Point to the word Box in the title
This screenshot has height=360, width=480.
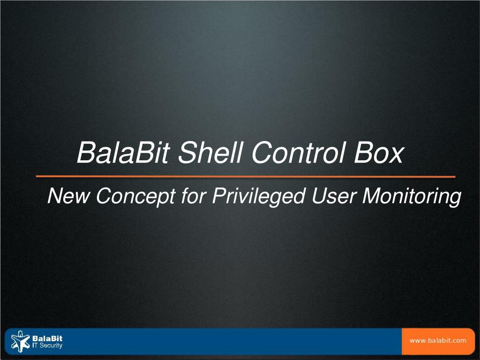click(378, 153)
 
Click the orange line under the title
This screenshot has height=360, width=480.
click(246, 177)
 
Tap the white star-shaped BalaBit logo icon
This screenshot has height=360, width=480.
click(20, 341)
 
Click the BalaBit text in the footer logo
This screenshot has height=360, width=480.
click(47, 338)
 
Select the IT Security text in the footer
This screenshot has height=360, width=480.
click(47, 345)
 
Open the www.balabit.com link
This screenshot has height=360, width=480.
click(438, 340)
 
